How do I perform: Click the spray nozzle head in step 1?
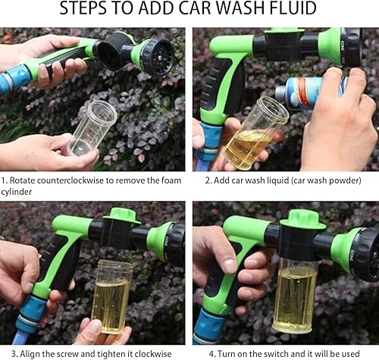[x=156, y=55]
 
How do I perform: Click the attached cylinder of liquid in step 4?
[x=295, y=296]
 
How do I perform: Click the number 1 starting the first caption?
[x=4, y=180]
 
